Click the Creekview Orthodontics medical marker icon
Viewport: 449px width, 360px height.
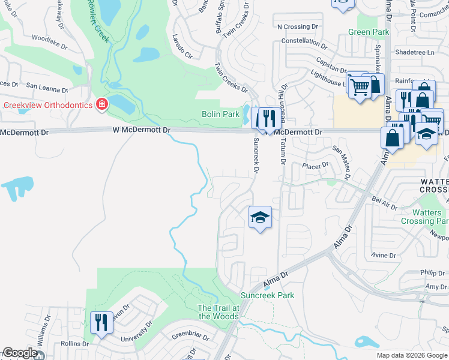[x=101, y=105]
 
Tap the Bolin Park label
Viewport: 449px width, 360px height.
[x=220, y=114]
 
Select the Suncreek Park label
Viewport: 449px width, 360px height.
[x=267, y=295]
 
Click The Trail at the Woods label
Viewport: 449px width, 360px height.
[x=218, y=312]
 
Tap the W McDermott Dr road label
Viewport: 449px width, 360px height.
[x=142, y=130]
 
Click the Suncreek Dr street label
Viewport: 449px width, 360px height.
[x=256, y=155]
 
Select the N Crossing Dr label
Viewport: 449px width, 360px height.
[x=297, y=27]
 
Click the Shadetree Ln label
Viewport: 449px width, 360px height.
[x=415, y=52]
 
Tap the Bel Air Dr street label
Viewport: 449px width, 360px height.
[x=384, y=203]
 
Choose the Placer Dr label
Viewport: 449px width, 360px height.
[x=316, y=165]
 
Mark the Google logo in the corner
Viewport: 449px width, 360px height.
[x=19, y=353]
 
